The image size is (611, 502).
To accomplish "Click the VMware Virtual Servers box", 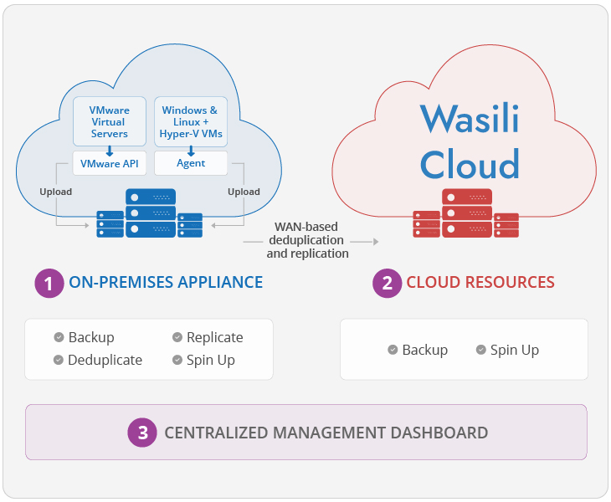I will [x=110, y=122].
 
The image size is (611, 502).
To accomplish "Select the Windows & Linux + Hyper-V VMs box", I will [x=190, y=122].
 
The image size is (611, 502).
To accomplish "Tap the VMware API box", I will [x=110, y=163].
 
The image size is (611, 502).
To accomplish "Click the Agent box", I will [x=190, y=163].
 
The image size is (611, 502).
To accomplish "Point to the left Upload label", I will [x=55, y=192].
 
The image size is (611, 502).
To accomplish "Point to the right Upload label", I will [x=244, y=192].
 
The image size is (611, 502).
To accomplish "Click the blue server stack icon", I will [x=150, y=214].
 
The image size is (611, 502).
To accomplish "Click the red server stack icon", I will [x=465, y=214].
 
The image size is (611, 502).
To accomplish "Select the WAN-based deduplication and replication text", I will [x=309, y=239].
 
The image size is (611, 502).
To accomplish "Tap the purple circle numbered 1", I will [x=49, y=283].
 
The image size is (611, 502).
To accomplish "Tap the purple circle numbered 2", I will [x=387, y=283].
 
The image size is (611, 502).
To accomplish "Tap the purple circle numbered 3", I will [x=142, y=433].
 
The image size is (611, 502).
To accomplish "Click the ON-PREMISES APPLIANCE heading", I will [x=166, y=283].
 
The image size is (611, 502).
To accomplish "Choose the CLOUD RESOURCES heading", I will [x=480, y=283].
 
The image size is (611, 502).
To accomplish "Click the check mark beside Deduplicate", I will [x=59, y=360].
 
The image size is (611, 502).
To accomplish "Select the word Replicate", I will [x=215, y=337].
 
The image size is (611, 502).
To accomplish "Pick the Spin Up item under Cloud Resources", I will [x=514, y=350].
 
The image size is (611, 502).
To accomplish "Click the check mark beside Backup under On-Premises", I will [x=59, y=337].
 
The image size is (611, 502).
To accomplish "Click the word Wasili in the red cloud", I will [x=469, y=118].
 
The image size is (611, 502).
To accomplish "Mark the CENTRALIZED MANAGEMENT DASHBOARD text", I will [x=326, y=433].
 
